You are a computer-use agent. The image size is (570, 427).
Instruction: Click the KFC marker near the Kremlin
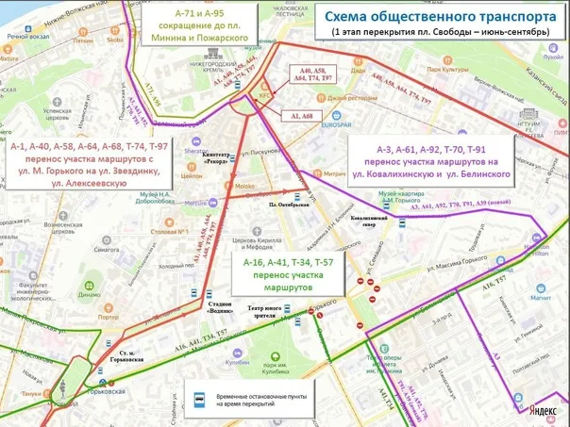(x=265, y=94)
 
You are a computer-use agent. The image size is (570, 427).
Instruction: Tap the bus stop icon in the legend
(x=200, y=399)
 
